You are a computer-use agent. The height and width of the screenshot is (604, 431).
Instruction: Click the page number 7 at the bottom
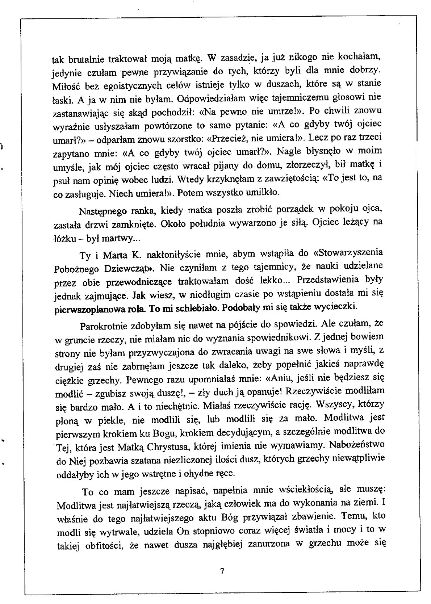[222, 571]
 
